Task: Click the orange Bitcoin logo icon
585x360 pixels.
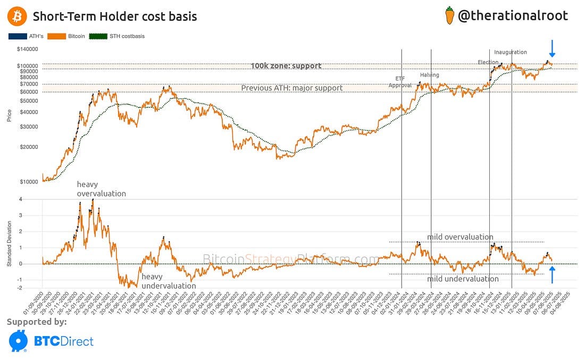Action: [16, 16]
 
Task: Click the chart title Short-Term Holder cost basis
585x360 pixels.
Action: [115, 16]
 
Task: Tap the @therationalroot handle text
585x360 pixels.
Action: [513, 15]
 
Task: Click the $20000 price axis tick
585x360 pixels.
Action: [28, 147]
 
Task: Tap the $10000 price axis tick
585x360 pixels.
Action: [28, 182]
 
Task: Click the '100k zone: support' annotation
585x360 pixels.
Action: [286, 66]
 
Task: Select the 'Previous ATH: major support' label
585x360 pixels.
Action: [292, 88]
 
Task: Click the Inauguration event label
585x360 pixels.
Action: [511, 52]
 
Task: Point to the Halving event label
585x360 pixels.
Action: [429, 75]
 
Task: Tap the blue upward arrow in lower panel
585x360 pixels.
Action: [552, 275]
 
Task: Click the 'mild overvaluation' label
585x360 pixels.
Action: [460, 237]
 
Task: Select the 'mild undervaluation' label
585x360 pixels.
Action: [463, 279]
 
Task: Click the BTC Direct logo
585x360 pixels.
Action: [51, 341]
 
